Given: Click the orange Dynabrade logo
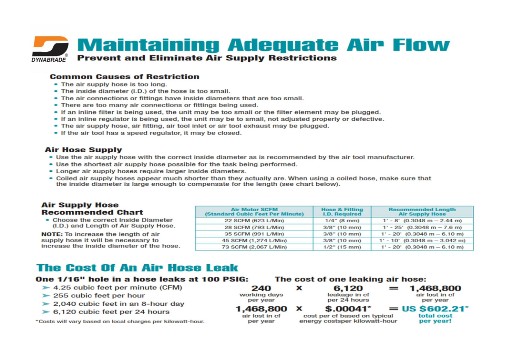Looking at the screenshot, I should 51,46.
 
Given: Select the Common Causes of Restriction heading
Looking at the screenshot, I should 124,77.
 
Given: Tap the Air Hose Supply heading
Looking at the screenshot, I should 83,150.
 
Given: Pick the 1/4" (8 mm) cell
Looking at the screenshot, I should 342,221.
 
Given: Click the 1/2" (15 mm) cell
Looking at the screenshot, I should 342,247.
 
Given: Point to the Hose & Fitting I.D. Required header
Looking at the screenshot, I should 342,212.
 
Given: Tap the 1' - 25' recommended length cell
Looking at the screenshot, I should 422,227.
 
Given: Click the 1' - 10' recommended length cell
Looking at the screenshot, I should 422,240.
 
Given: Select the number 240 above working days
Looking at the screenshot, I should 261,289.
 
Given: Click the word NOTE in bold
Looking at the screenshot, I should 51,234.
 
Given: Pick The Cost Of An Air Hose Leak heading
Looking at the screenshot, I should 137,268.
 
